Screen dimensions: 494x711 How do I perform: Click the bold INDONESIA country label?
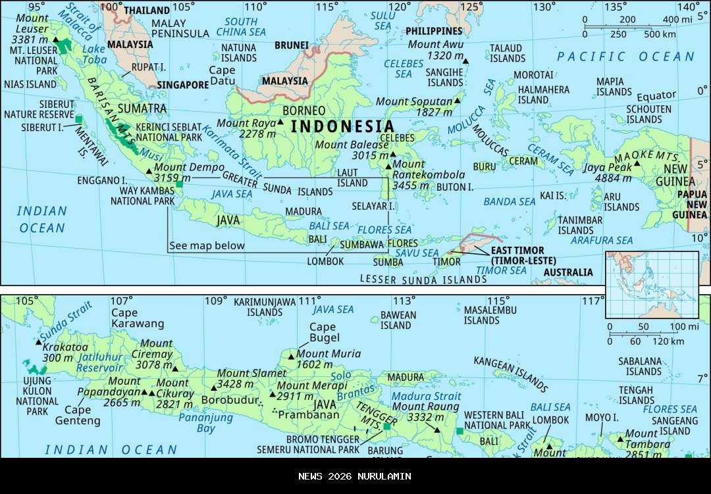(x=342, y=126)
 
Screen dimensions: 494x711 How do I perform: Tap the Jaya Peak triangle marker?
(x=637, y=163)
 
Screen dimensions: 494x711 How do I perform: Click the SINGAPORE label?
(x=182, y=85)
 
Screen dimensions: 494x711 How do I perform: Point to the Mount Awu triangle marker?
(x=466, y=61)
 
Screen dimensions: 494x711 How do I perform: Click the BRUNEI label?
(x=292, y=45)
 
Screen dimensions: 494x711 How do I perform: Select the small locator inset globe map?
(x=651, y=284)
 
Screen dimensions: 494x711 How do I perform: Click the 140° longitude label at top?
(x=689, y=7)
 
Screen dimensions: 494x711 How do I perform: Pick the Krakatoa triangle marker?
(x=38, y=341)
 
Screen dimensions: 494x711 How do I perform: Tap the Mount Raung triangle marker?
(x=436, y=430)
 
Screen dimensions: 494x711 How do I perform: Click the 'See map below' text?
(x=207, y=246)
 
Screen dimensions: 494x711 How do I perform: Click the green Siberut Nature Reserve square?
(x=79, y=119)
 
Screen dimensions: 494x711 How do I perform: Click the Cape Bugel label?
(x=323, y=332)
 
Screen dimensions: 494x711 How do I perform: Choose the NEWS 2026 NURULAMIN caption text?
(x=355, y=476)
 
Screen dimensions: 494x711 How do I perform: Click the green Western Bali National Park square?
(x=460, y=432)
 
